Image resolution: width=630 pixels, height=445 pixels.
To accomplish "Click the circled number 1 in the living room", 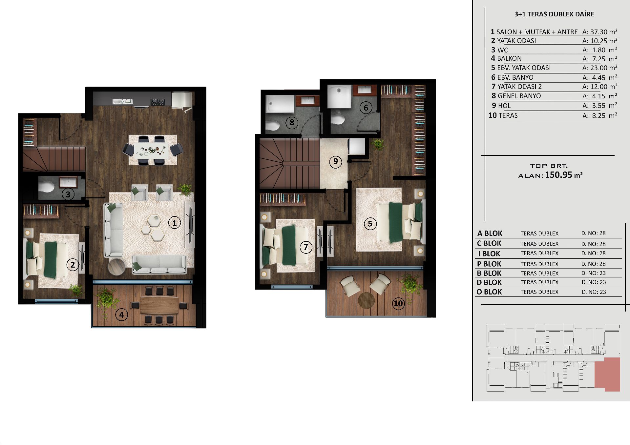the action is click(x=174, y=223).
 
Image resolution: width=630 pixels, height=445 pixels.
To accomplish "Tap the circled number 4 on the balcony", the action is click(x=121, y=315).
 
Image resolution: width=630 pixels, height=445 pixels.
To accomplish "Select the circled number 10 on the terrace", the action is click(x=398, y=303).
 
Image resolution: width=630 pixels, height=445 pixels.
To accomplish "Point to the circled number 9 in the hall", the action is click(x=335, y=162).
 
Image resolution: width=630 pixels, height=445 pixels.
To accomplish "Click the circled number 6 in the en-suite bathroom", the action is click(x=366, y=108).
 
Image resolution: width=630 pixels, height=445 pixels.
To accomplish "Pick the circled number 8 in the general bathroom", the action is click(x=292, y=123).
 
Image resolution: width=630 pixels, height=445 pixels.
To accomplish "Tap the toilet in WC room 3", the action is click(x=46, y=187).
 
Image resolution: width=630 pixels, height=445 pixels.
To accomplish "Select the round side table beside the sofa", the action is click(x=116, y=267).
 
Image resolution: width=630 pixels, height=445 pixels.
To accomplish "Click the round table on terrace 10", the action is click(x=366, y=300).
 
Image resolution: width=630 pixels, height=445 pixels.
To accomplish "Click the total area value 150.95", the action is click(x=558, y=175).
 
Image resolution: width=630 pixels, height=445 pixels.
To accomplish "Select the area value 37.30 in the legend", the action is click(x=599, y=32).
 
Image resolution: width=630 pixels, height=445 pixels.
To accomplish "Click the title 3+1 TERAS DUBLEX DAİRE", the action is click(x=554, y=14).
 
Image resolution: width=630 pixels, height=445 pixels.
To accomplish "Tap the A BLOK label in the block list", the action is click(x=490, y=233).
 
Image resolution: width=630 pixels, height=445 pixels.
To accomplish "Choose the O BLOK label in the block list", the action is click(x=489, y=292).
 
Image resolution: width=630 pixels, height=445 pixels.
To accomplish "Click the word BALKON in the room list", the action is click(x=509, y=58).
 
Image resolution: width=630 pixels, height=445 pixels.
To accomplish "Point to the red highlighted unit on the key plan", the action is click(x=608, y=374).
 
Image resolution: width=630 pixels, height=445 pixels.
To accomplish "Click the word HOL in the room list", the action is click(x=504, y=106).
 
